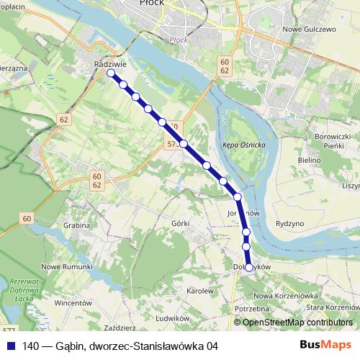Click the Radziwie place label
106,63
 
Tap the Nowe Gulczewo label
310,29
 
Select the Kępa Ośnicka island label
245,145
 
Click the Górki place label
181,223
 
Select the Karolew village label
201,292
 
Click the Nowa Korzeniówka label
286,296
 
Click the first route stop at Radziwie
111,73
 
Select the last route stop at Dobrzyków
249,268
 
